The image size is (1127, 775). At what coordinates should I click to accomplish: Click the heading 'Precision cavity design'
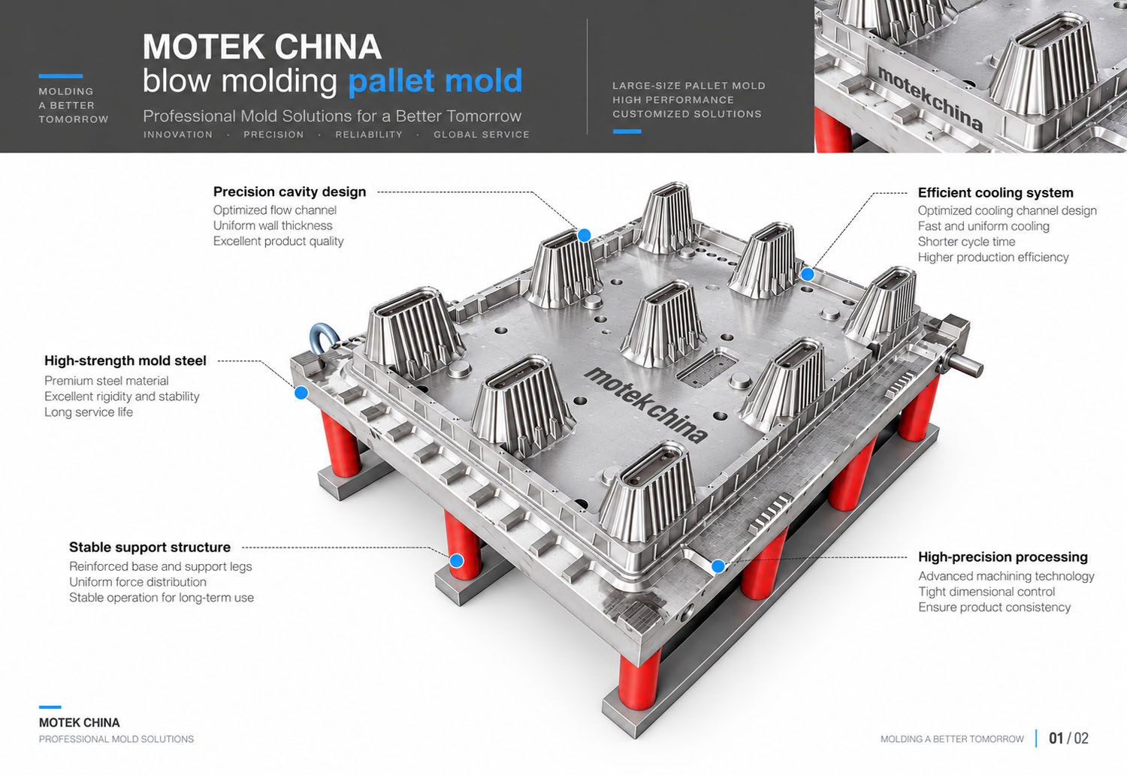pos(289,191)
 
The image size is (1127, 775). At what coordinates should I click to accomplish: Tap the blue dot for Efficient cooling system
pos(807,274)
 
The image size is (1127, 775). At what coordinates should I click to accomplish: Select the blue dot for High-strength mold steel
pos(301,393)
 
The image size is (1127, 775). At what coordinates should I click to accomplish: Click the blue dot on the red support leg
pos(456,561)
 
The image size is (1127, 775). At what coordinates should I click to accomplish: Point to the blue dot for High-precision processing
pos(718,566)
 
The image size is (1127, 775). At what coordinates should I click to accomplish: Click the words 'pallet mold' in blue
pos(435,81)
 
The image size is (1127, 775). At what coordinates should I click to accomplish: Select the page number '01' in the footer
pos(1056,738)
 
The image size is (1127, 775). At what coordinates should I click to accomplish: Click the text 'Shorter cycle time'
pos(966,241)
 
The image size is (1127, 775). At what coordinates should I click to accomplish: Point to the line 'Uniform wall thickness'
pos(273,225)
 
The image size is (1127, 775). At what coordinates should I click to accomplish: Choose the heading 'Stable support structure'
pos(150,547)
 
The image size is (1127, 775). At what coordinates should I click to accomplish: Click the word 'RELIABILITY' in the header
pos(369,134)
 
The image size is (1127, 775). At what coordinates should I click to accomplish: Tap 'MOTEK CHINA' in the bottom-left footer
pos(80,722)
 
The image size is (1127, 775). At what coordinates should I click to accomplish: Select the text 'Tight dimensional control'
pos(986,592)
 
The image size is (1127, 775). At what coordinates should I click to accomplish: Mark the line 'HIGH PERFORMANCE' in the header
pos(672,100)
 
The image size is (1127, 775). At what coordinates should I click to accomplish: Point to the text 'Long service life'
pos(89,412)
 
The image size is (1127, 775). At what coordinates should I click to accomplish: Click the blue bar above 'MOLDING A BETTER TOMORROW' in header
pos(60,76)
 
